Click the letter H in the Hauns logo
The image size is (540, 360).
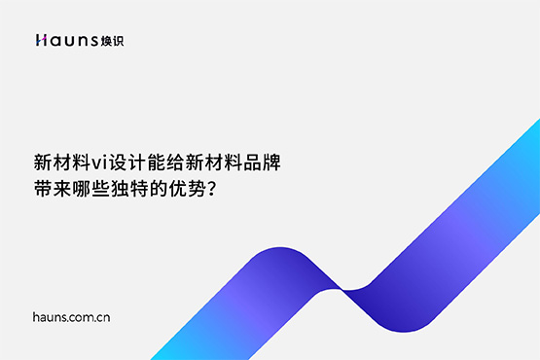pyautogui.click(x=41, y=41)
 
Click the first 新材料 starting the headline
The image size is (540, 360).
pyautogui.click(x=61, y=161)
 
